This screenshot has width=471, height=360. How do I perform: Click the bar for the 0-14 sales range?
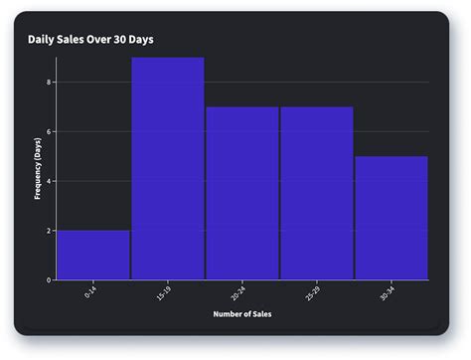[x=93, y=255]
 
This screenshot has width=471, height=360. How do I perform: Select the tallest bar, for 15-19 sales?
[x=168, y=168]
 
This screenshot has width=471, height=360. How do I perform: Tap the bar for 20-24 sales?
[x=242, y=193]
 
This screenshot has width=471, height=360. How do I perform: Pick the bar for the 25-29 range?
[x=317, y=193]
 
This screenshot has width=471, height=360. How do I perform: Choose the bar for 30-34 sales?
[x=392, y=218]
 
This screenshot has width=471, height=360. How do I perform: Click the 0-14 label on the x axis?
[x=91, y=292]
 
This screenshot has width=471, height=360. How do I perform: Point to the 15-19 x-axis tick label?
[x=165, y=293]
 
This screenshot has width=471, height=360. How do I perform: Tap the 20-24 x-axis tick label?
[x=239, y=293]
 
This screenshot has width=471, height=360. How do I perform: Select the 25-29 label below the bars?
[x=314, y=293]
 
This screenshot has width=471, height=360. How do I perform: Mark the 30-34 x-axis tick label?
[x=389, y=293]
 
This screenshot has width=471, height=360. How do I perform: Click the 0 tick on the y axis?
[x=49, y=280]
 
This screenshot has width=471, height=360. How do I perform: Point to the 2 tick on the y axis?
[x=49, y=231]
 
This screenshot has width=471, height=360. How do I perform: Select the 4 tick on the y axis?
[x=49, y=181]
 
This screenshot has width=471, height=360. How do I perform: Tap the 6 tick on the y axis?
[x=49, y=131]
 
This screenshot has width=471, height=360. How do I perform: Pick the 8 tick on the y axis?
[x=49, y=82]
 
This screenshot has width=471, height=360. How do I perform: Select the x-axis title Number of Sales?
[x=241, y=315]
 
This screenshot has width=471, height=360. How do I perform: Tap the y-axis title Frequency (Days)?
[x=38, y=168]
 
